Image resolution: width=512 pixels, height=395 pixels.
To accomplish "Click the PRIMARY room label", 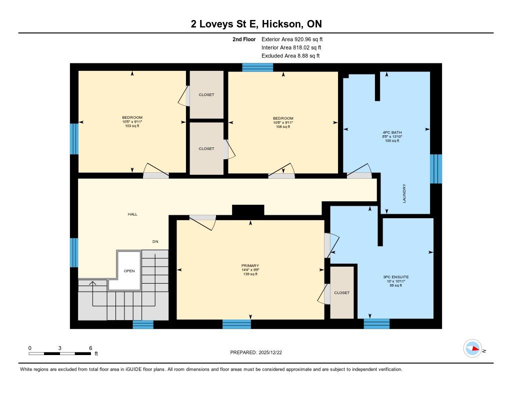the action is point(250,266).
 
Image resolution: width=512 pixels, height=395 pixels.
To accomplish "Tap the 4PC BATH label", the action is point(392,132).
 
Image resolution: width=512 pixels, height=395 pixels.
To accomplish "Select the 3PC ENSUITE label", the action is point(396,277).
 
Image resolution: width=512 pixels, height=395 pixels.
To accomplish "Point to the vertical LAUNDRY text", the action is point(404,193).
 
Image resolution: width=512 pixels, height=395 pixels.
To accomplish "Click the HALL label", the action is point(132,214).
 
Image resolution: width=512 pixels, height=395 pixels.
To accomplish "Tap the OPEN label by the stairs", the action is point(129,271).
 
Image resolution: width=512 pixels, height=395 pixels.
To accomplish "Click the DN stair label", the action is point(155,241).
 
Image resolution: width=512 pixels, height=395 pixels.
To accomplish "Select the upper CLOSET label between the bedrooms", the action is point(206,94).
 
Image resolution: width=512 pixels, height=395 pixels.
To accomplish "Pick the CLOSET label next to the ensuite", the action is point(342,293).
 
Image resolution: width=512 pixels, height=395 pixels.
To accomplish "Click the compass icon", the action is point(472,349).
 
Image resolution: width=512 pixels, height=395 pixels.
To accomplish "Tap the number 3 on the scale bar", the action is point(60,348).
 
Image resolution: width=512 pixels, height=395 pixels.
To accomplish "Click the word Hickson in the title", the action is point(282,24).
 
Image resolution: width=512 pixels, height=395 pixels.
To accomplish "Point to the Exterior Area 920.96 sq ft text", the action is point(292,39).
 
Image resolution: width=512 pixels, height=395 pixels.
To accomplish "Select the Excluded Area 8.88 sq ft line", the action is point(290,56).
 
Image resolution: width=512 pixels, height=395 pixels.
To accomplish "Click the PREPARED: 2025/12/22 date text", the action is point(256,352).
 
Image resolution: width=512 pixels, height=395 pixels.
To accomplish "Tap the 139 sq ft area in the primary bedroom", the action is point(250,274).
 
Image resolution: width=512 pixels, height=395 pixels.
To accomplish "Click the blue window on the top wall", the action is point(257,67).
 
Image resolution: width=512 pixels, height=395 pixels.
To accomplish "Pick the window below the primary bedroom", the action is point(236,324).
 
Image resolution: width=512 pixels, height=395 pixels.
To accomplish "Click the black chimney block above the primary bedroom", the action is point(248,210).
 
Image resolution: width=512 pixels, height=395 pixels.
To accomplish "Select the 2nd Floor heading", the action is point(244,39).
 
